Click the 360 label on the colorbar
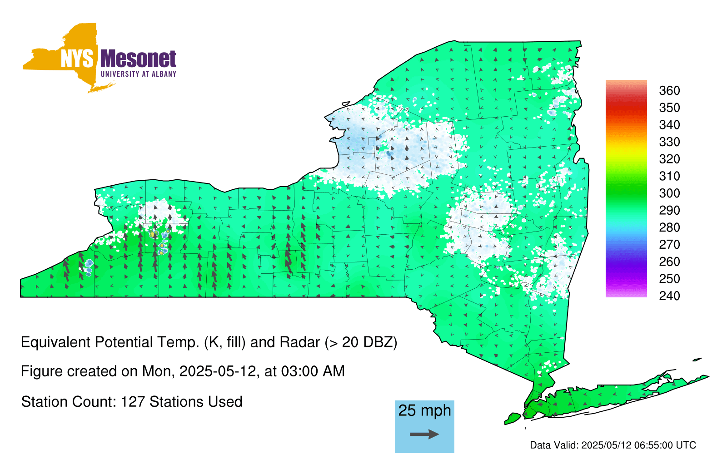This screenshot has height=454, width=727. (669, 91)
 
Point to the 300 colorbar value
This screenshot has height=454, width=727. (669, 193)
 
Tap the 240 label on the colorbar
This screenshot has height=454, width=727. (669, 296)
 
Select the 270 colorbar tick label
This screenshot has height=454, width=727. (669, 245)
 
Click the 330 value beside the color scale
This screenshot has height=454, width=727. (669, 142)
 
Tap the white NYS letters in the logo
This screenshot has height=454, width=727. (77, 59)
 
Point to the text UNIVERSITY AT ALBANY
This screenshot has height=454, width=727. (138, 74)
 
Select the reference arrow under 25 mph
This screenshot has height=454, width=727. (424, 434)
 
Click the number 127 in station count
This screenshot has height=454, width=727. (133, 402)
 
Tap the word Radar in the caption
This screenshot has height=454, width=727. (300, 342)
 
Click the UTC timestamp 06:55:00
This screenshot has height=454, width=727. (653, 445)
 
